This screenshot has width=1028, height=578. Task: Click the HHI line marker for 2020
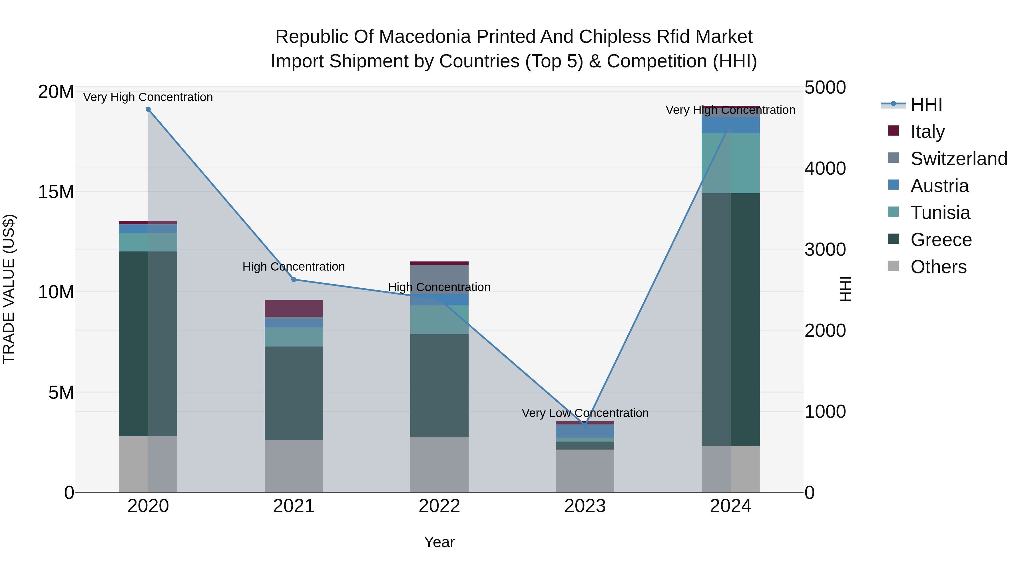click(148, 109)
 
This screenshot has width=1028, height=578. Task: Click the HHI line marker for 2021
click(294, 280)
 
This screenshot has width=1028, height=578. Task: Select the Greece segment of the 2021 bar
click(294, 393)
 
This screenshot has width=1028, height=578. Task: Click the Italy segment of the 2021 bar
click(294, 308)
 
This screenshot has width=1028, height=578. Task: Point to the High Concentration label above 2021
click(294, 267)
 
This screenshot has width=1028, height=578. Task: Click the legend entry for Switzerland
click(959, 159)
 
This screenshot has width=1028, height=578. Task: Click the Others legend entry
click(938, 267)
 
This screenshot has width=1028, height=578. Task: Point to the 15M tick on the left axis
click(56, 192)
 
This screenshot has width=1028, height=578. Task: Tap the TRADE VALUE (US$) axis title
click(9, 289)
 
